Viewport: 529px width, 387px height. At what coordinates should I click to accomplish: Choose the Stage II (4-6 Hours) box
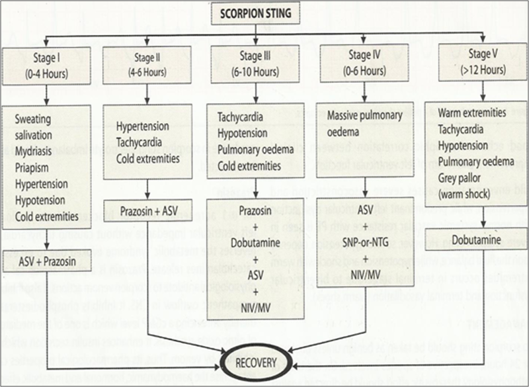pos(147,64)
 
